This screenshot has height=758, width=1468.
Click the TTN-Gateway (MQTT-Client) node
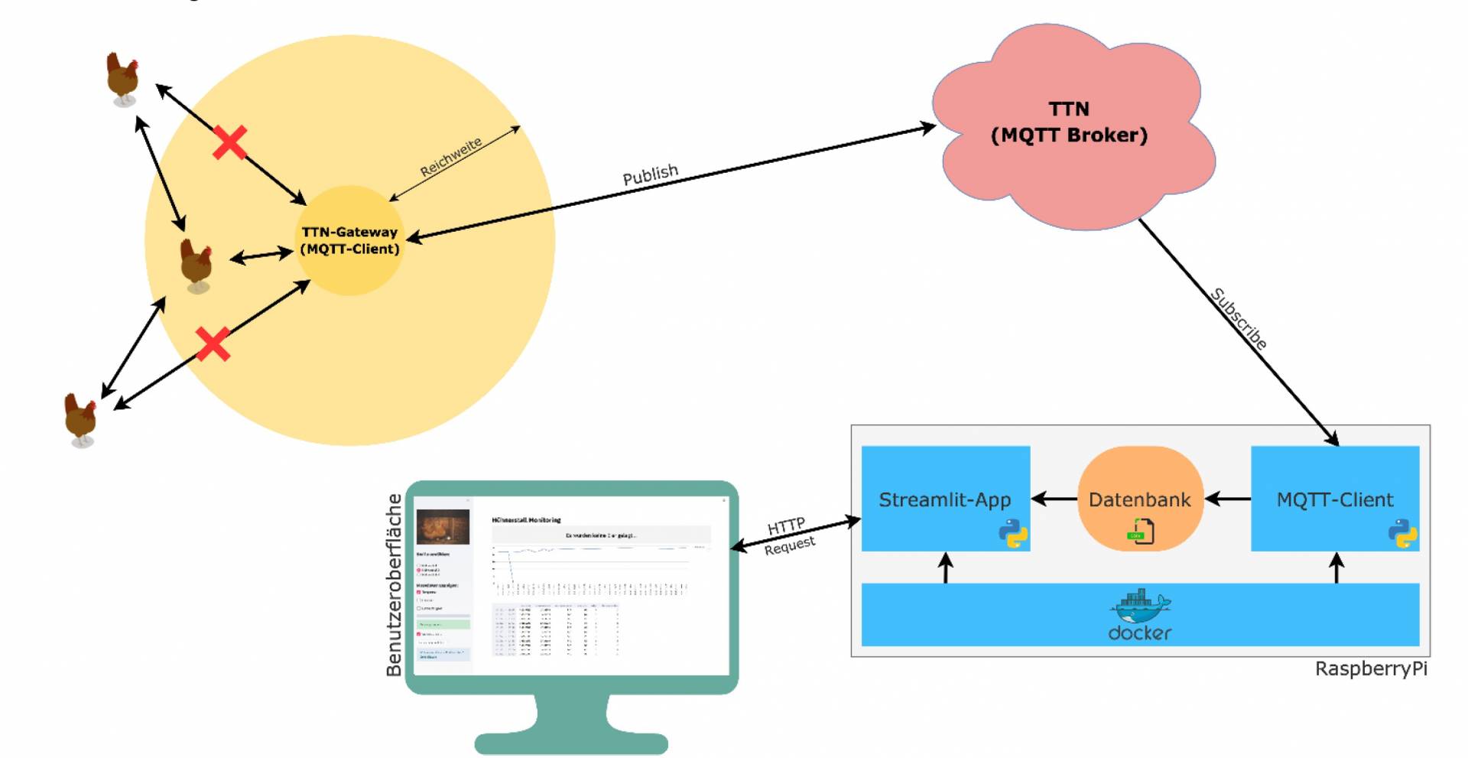[x=349, y=240]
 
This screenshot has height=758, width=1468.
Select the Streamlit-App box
[x=945, y=499]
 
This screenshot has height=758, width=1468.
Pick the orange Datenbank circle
[x=1139, y=499]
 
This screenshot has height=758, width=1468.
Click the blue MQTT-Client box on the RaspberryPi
[x=1335, y=499]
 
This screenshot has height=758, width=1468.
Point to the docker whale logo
[x=1139, y=607]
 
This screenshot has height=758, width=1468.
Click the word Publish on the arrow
[x=650, y=175]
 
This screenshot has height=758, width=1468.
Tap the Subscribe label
[x=1239, y=319]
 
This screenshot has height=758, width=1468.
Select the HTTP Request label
[x=788, y=535]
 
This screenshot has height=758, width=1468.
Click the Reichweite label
[x=451, y=157]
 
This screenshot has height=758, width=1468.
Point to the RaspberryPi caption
[x=1371, y=669]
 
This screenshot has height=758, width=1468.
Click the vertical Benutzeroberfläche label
[x=394, y=585]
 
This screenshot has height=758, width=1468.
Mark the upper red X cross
[x=229, y=143]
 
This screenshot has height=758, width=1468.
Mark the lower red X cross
[x=213, y=343]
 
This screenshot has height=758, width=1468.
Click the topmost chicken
[x=122, y=78]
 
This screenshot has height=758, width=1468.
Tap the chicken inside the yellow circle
[x=196, y=264]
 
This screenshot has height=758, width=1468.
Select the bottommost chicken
[x=80, y=419]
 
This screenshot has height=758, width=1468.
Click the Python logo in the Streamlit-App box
[x=1013, y=534]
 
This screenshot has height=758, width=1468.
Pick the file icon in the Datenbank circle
[x=1140, y=531]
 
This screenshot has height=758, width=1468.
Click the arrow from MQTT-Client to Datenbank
[x=1228, y=499]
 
